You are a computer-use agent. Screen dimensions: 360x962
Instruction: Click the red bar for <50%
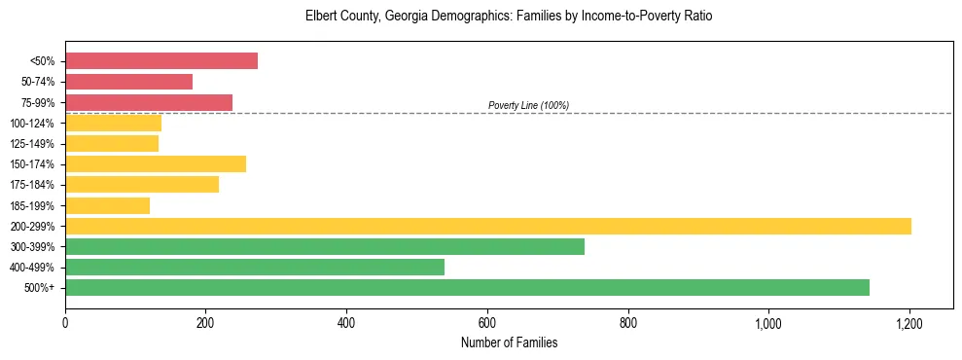[161, 61]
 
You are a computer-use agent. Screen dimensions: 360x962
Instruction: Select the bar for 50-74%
[128, 82]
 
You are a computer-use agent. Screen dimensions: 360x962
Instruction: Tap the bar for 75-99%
[149, 102]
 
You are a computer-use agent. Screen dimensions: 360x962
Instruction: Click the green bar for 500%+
[467, 287]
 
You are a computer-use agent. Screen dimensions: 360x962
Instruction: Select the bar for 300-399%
[325, 246]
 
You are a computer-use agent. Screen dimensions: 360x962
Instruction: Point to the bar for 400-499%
[255, 267]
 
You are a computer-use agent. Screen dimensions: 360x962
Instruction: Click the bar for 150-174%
[156, 164]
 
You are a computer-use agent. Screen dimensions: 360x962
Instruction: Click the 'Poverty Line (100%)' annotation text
[528, 105]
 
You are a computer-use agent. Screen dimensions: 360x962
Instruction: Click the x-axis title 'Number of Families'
[509, 342]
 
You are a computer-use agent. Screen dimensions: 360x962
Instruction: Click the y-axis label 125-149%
[32, 144]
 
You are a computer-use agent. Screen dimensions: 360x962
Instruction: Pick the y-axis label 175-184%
[32, 185]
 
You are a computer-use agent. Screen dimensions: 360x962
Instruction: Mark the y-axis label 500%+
[40, 288]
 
